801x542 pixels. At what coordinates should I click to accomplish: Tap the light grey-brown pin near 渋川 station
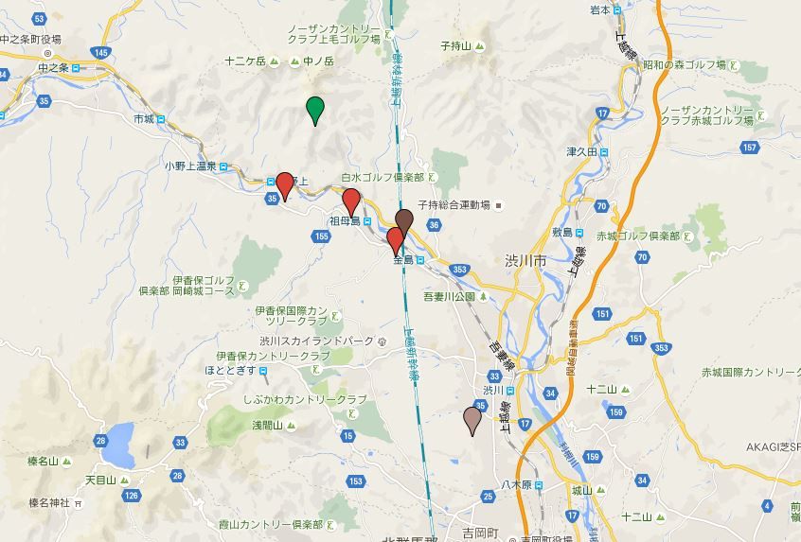tap(472, 420)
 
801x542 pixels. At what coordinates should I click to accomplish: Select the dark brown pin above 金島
tap(404, 223)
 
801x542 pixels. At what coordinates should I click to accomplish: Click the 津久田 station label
tap(582, 151)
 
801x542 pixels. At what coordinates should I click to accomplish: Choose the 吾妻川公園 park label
tap(450, 296)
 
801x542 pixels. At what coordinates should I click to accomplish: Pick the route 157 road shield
tap(751, 147)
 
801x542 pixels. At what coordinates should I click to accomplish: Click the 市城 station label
tap(144, 119)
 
